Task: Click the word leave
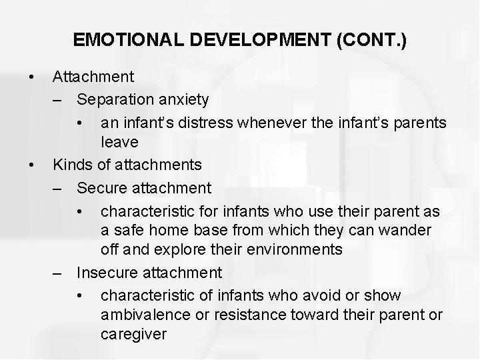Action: point(119,142)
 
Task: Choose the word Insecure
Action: point(107,272)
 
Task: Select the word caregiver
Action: point(133,335)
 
